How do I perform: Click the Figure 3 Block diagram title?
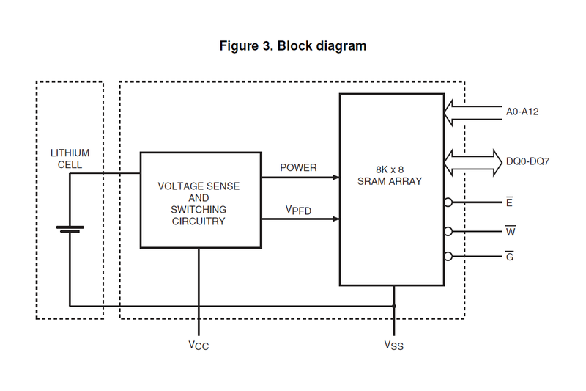click(x=293, y=46)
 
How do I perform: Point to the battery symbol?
click(x=70, y=229)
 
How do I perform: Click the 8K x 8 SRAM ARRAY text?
click(x=391, y=175)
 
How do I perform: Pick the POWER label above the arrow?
click(x=298, y=168)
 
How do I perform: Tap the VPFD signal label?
click(x=298, y=211)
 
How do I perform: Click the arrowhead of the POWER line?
click(x=335, y=177)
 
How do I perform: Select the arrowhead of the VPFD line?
click(x=335, y=219)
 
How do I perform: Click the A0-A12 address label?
click(x=522, y=112)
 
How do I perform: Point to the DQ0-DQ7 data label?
click(x=527, y=161)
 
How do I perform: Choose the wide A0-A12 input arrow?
click(x=469, y=112)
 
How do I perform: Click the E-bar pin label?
click(x=509, y=201)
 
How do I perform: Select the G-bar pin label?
click(x=509, y=256)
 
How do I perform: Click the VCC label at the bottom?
click(x=199, y=345)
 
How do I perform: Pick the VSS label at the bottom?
click(x=393, y=345)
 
